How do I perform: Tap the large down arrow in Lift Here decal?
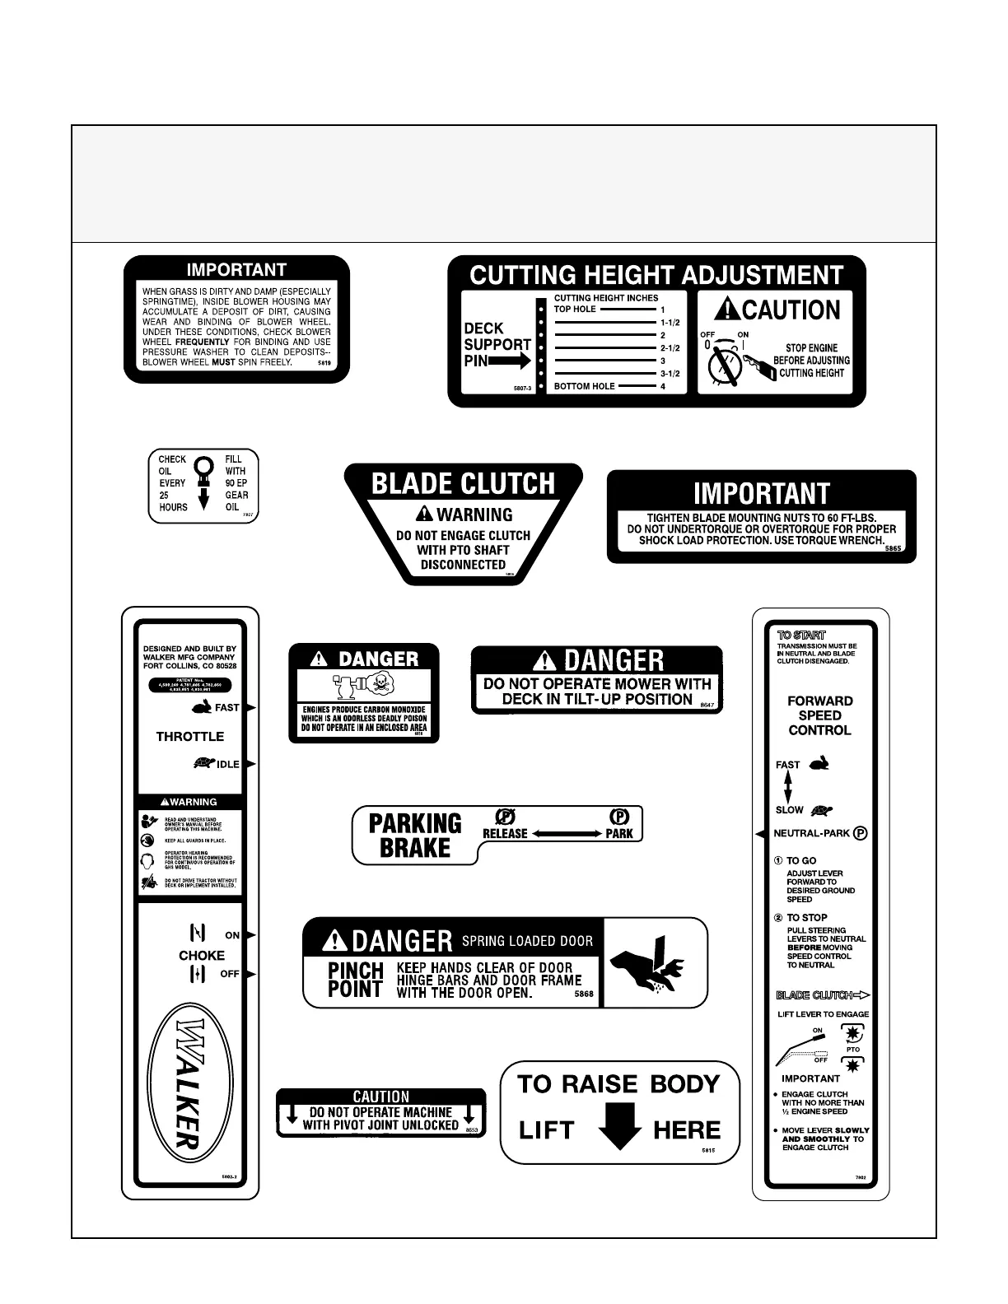[619, 1125]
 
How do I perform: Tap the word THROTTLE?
[190, 736]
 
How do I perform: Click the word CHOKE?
[202, 955]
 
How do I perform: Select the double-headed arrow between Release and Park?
[567, 834]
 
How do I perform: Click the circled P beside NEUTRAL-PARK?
[861, 833]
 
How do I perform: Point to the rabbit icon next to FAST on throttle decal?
[202, 706]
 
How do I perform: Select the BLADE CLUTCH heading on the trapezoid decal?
[464, 483]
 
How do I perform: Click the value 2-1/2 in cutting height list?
[670, 348]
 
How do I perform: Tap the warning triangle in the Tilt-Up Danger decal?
[545, 660]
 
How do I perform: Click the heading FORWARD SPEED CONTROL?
[819, 715]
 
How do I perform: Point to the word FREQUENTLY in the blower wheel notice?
[202, 342]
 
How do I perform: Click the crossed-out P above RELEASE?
[505, 816]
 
